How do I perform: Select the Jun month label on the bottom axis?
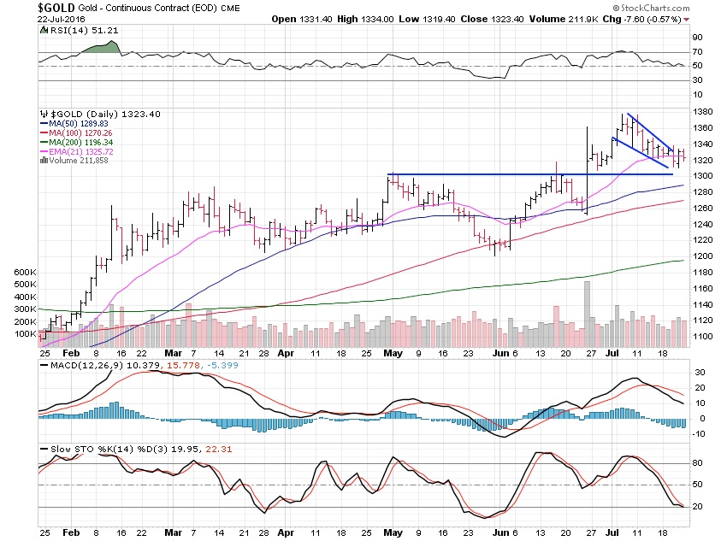click(x=501, y=351)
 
